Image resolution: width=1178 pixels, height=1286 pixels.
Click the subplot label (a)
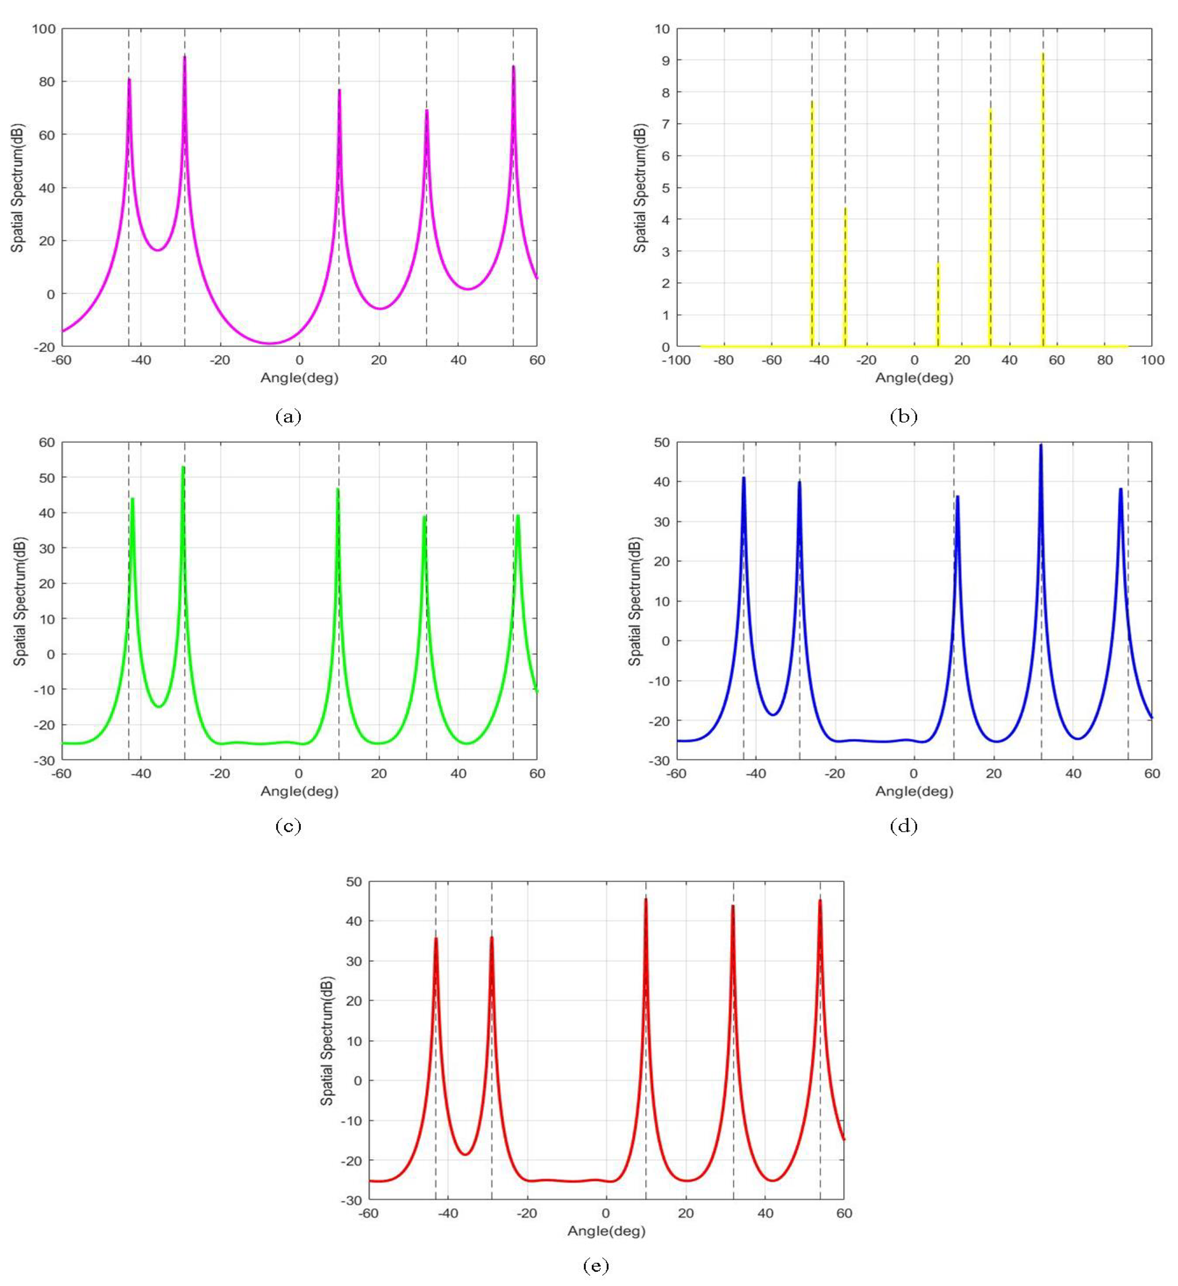point(288,417)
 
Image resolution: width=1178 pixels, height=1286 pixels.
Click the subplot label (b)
point(903,417)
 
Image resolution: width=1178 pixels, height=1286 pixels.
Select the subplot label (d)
point(903,827)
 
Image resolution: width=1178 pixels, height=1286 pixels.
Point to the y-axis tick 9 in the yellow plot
point(665,60)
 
